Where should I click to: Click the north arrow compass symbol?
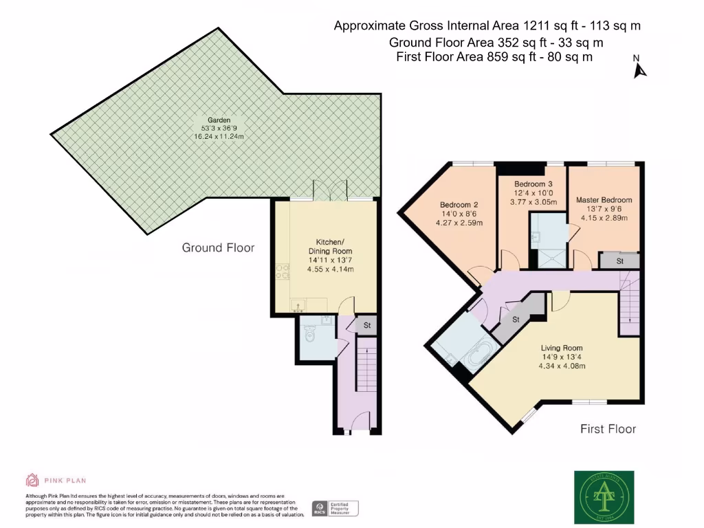[x=640, y=68]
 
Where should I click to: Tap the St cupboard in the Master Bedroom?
[x=619, y=261]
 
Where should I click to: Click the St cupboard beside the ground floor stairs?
[x=366, y=326]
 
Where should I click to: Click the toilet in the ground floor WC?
[x=310, y=335]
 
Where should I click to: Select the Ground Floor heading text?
[x=218, y=247]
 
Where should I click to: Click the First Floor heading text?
[x=608, y=429]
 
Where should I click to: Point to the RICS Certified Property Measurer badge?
[x=335, y=508]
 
